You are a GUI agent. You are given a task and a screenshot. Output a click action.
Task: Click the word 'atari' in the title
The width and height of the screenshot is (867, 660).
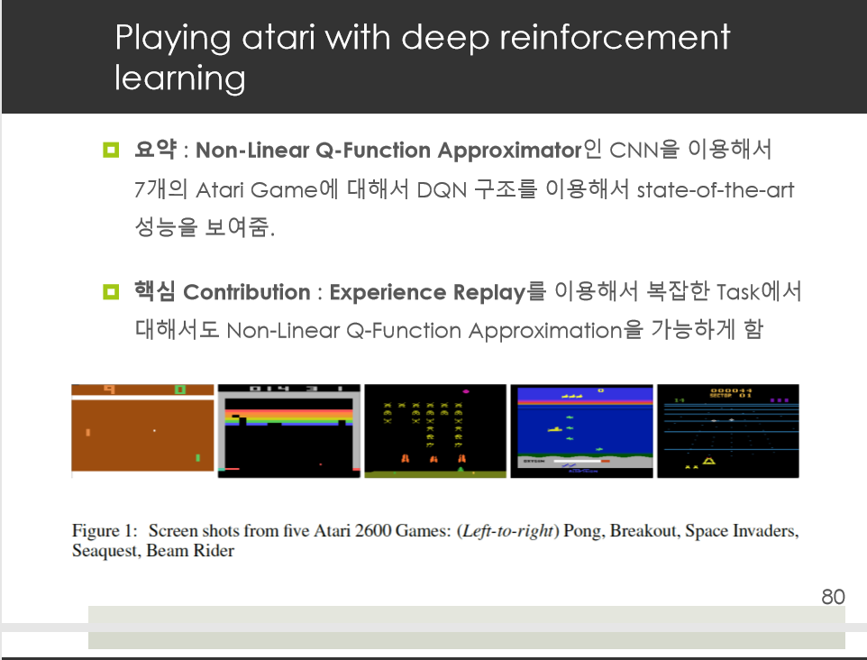point(278,38)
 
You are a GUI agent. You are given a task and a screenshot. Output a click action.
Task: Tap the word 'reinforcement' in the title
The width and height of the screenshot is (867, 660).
point(615,38)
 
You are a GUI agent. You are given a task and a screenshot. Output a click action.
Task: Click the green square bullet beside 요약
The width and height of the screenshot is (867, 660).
point(111,150)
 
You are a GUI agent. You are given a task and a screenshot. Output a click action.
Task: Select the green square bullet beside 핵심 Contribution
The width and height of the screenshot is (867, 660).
point(111,291)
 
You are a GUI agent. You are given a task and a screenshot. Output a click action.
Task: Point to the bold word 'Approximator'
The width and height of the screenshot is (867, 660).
point(509,151)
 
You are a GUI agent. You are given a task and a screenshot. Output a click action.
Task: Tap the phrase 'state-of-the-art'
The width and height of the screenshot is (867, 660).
point(715,189)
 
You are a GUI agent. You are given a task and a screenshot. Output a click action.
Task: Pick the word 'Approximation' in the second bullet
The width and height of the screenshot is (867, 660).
point(545,331)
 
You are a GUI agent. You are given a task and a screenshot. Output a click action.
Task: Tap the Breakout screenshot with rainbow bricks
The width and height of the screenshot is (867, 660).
point(288,431)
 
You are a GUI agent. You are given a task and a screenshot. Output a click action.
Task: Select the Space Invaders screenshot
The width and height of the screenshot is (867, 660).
point(435,431)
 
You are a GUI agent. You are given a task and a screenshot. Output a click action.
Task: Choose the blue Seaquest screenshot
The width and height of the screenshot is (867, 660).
point(581,431)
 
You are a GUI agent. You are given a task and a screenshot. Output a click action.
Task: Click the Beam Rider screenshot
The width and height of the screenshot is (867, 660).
point(727,431)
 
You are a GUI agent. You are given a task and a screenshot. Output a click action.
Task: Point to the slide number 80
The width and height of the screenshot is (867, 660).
point(833,597)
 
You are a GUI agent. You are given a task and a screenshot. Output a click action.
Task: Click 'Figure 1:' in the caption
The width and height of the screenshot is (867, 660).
point(105,531)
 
